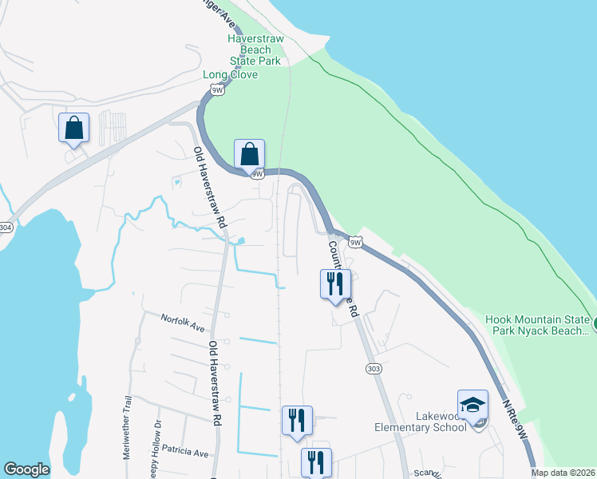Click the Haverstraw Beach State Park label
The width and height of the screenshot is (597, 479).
[255, 49]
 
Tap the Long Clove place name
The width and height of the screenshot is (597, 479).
[230, 74]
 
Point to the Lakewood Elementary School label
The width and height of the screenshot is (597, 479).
[420, 422]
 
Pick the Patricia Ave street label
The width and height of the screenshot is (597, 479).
[184, 453]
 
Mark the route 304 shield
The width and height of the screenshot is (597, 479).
[5, 228]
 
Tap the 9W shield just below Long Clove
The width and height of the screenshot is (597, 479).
[218, 90]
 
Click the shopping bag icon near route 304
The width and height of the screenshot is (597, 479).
[73, 129]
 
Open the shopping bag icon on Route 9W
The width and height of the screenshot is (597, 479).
[249, 153]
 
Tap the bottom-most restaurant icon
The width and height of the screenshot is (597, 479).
[316, 462]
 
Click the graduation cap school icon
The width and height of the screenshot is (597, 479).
[472, 404]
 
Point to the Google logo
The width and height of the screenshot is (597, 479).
[26, 469]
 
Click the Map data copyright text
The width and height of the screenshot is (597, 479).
[563, 473]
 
